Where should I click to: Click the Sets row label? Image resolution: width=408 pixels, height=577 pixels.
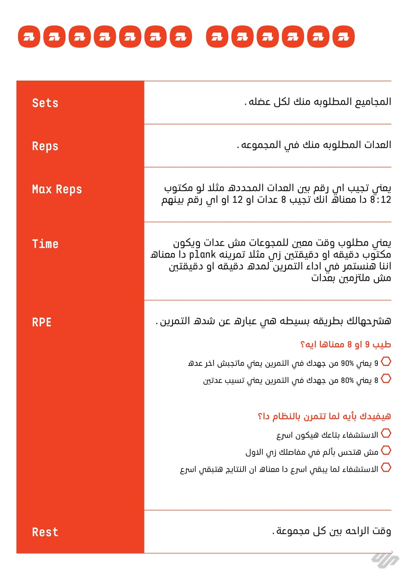tap(45, 103)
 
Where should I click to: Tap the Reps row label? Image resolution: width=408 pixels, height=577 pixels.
tap(45, 146)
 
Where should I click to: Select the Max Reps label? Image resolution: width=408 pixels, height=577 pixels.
tap(57, 189)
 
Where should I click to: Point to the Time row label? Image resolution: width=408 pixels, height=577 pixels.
tap(45, 244)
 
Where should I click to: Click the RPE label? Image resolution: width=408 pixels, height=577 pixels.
tap(42, 322)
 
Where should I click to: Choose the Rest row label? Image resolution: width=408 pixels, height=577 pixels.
tap(45, 532)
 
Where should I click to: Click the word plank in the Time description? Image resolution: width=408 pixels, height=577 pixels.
tap(203, 254)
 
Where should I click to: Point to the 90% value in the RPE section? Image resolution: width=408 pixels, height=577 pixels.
tap(347, 363)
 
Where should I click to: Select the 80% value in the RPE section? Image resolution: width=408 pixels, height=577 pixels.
tap(347, 380)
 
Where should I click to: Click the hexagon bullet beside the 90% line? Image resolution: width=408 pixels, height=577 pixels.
tap(386, 361)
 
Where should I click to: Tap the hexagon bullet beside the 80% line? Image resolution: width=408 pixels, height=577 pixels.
tap(386, 378)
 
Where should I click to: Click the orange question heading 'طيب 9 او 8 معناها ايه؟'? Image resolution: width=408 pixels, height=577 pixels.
tap(345, 345)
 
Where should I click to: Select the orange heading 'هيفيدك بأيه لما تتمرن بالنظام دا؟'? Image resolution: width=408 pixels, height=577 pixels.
tap(324, 416)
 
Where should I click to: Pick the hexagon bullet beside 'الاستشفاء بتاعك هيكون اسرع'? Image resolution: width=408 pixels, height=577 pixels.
tap(386, 433)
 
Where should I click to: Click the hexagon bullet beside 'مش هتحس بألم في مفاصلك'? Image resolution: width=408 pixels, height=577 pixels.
tap(386, 451)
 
